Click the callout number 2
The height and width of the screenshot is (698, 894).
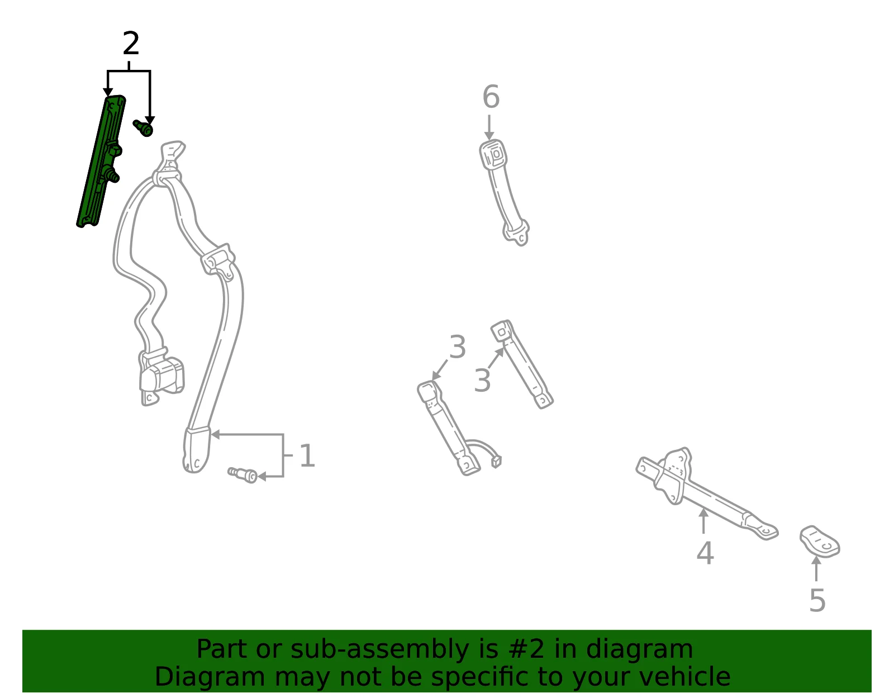pos(131,44)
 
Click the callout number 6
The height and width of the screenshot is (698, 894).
pos(491,97)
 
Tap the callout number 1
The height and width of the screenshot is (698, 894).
pos(307,455)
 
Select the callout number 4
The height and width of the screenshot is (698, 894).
pos(705,553)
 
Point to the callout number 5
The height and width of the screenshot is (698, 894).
pos(817,601)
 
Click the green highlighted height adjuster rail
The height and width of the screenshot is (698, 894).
pos(101,162)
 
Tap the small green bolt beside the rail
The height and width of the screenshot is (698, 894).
pos(143,128)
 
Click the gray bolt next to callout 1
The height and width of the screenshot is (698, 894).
pos(242,474)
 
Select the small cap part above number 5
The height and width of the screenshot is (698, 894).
pos(820,542)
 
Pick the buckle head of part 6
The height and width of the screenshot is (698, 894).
pos(493,155)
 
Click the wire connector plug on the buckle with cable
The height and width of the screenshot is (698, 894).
pos(496,462)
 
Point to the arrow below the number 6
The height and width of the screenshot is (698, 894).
pos(489,127)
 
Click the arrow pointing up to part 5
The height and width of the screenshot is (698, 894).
pos(816,568)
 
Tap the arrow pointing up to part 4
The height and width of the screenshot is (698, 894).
pos(703,521)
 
